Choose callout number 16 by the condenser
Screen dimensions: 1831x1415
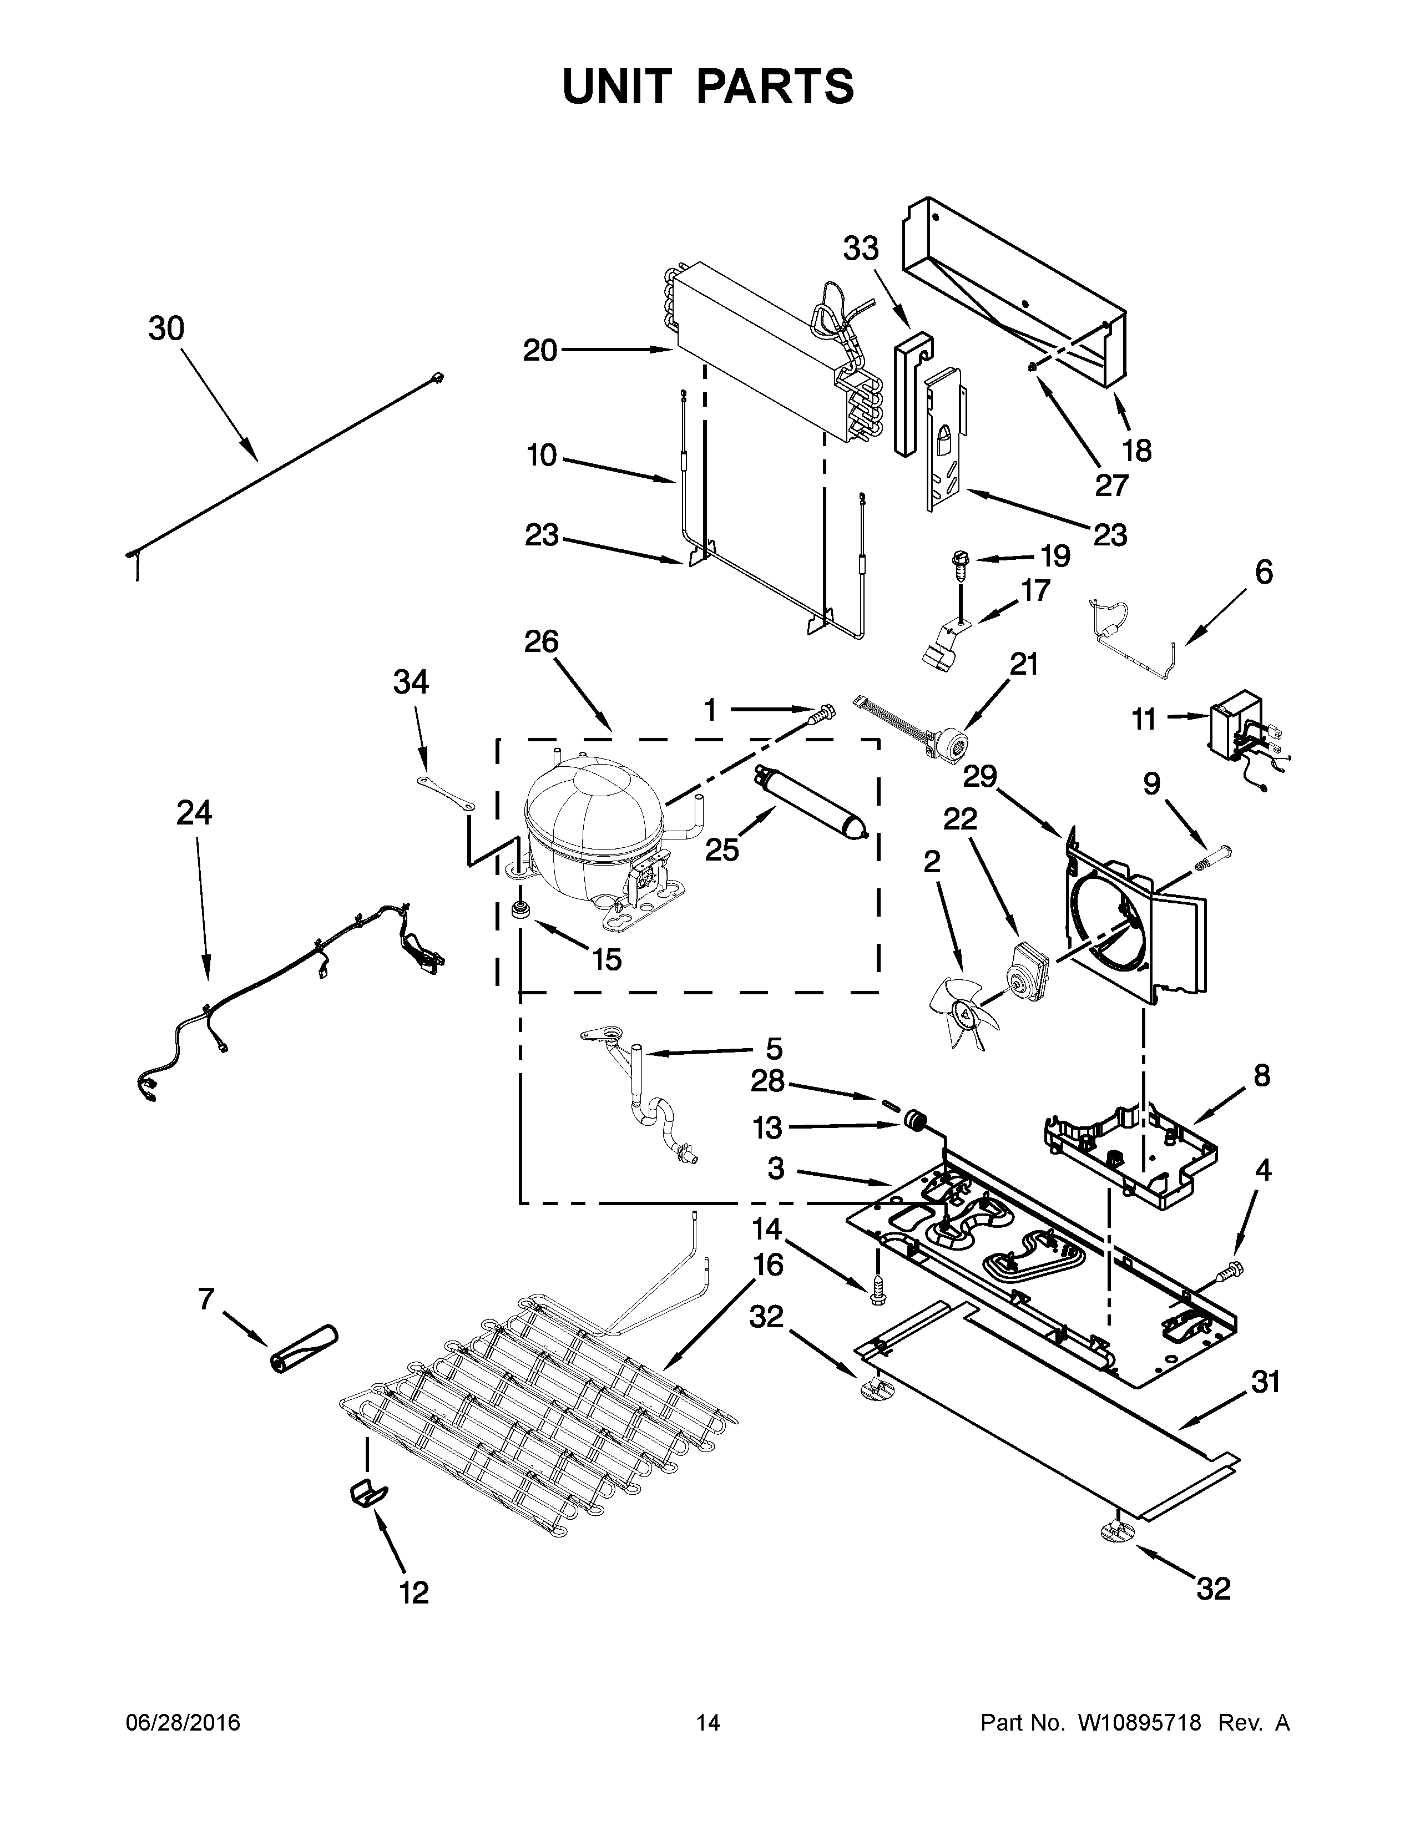pyautogui.click(x=768, y=1264)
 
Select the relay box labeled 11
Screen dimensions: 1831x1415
pyautogui.click(x=1234, y=725)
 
